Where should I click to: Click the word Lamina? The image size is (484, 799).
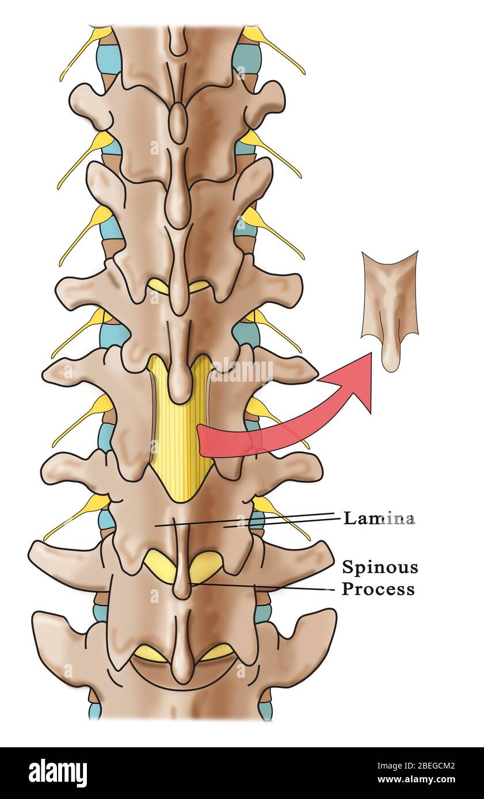(379, 518)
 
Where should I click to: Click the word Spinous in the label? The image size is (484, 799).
(380, 567)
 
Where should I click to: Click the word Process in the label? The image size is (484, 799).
(379, 589)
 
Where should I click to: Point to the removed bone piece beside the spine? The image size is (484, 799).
(390, 310)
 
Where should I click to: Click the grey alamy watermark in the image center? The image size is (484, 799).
(242, 370)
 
